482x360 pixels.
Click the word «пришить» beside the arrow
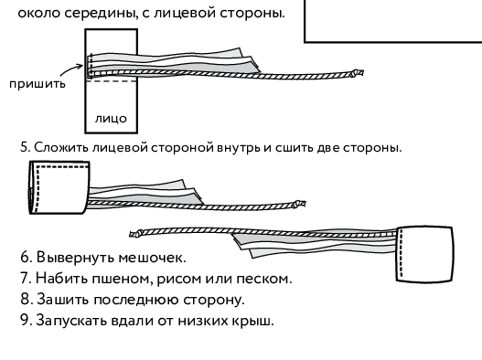pos(37,84)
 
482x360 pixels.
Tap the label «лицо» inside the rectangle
pos(111,119)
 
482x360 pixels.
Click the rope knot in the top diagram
pos(357,73)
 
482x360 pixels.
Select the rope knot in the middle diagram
pos(299,204)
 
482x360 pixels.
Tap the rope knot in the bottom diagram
pos(136,234)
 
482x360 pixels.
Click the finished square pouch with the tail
pos(424,254)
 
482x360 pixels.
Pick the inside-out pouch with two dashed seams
pos(59,187)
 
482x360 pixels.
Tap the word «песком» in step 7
pos(263,279)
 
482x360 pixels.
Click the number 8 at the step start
pos(26,299)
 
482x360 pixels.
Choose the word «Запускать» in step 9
pos(71,321)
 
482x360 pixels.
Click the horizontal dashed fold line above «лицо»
pos(112,81)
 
